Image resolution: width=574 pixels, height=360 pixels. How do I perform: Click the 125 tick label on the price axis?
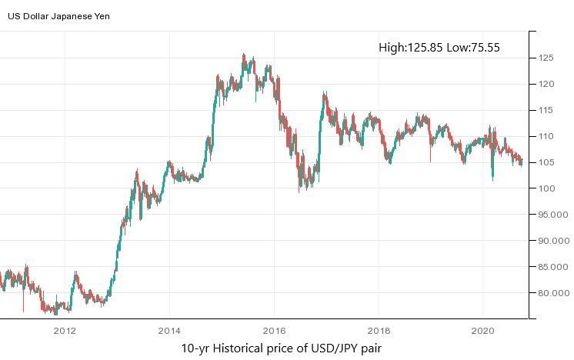547,58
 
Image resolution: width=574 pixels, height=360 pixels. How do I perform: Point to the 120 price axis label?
547,84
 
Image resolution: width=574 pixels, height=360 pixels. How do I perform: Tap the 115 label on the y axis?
547,110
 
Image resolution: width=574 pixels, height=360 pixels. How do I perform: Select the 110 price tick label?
547,136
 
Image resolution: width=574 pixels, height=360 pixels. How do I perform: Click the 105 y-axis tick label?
547,162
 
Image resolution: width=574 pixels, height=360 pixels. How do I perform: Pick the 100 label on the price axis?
547,188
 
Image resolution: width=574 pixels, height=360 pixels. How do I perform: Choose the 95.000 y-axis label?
553,215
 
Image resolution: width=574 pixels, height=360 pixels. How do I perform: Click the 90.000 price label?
553,241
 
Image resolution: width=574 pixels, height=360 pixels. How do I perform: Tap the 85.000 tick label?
553,267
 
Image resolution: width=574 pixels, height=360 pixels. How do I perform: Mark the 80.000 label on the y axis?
553,293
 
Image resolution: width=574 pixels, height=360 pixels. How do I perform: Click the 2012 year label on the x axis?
65,331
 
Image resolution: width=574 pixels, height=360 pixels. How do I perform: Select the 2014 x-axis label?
169,331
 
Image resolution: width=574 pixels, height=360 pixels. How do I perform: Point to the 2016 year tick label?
274,331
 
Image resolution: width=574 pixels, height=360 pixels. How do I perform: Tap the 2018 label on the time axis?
379,331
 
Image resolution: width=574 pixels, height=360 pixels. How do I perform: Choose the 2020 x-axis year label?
483,331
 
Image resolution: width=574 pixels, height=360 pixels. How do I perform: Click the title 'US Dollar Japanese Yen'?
58,16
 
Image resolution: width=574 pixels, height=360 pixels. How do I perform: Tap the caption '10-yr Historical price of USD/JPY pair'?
281,348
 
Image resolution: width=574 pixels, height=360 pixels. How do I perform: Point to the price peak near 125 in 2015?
243,55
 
